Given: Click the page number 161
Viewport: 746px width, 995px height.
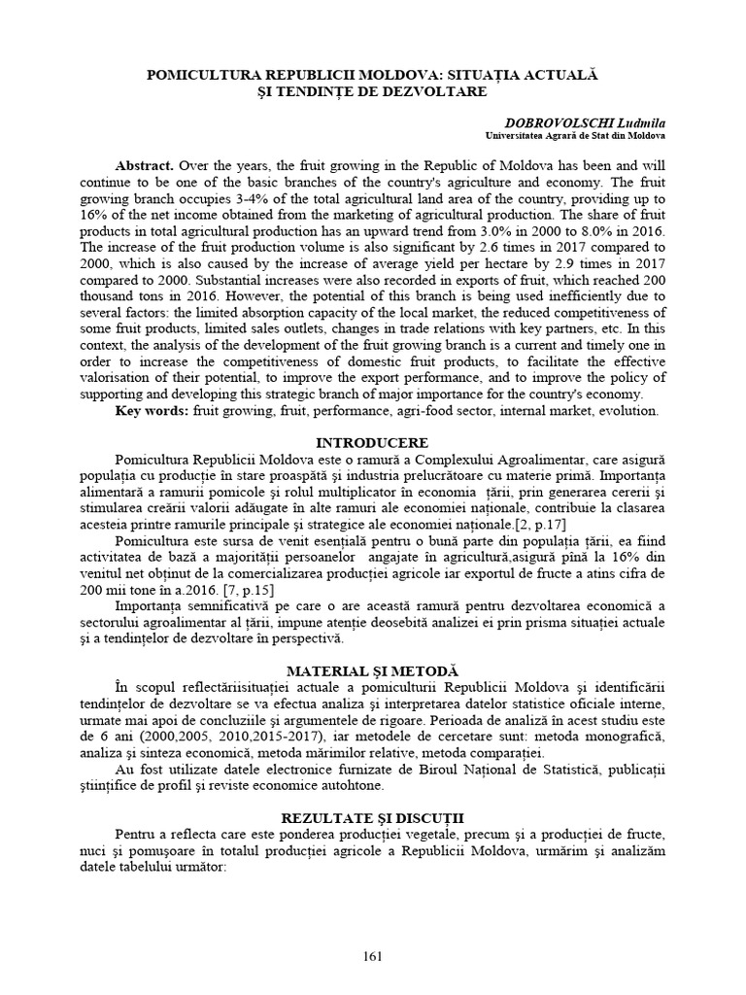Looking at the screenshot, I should tap(373, 955).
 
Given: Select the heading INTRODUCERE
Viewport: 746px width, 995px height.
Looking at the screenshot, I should tap(372, 442).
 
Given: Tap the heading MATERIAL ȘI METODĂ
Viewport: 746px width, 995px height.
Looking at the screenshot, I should tap(373, 671).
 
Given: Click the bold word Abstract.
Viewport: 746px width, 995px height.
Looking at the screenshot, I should tap(144, 166).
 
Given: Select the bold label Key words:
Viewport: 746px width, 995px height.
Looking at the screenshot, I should tap(153, 411).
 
